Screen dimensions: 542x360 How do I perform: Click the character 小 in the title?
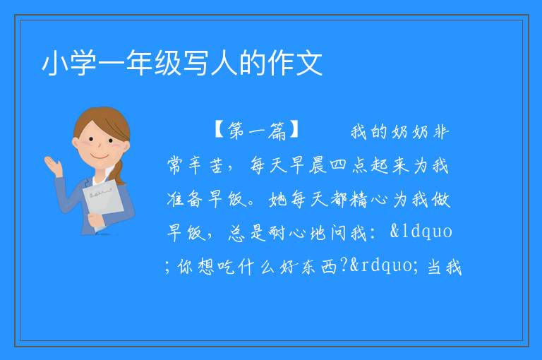point(54,64)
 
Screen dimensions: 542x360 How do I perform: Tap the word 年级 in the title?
point(154,64)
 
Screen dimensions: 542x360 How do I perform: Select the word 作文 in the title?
point(296,64)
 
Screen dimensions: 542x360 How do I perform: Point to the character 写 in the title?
point(196,64)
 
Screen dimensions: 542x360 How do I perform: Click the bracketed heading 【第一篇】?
point(257,131)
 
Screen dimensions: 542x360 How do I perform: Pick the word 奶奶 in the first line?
point(410,132)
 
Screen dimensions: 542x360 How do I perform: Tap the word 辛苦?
point(206,165)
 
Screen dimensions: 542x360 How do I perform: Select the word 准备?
point(185,199)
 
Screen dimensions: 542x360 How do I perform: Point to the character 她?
point(277,199)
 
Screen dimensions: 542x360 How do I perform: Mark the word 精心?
point(368,199)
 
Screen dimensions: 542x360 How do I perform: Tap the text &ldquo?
point(421,232)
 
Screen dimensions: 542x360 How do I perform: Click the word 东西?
point(319,267)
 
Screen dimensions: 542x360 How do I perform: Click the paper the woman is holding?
point(103,203)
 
